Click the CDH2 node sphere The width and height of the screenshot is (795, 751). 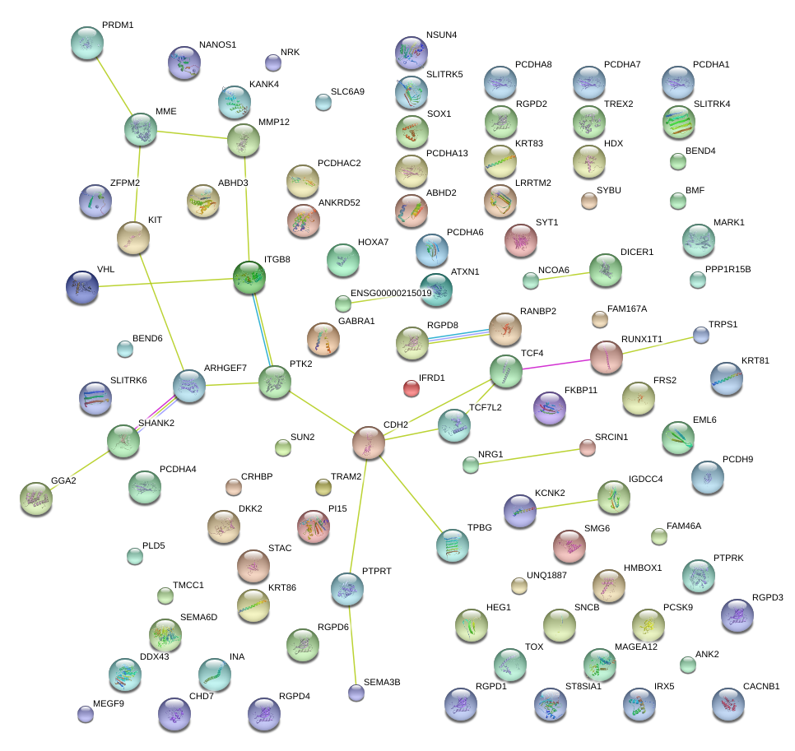point(369,443)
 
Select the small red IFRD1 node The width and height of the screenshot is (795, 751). point(411,387)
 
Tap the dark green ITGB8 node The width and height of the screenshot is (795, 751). point(249,278)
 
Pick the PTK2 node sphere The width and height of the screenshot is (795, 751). point(275,382)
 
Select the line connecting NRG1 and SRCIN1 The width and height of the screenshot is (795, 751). point(528,456)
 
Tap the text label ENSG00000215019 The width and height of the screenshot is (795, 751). point(391,293)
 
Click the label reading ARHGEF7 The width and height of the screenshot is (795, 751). point(225,368)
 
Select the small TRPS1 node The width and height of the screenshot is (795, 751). point(700,335)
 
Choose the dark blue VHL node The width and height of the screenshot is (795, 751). point(82,286)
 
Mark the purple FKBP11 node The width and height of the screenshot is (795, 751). point(550,408)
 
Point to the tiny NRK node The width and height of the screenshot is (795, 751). point(272,63)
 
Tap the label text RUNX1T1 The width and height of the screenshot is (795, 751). point(642,338)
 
